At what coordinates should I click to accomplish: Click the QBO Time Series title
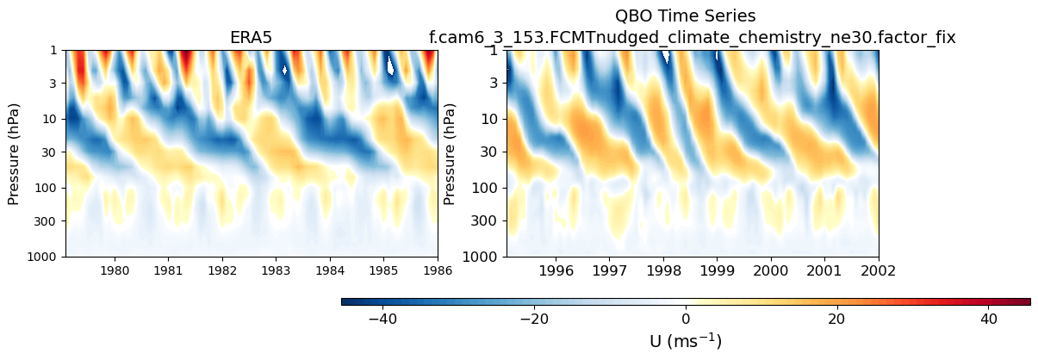[685, 16]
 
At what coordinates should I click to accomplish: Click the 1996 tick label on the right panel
[556, 270]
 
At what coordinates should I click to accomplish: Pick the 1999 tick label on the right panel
[718, 270]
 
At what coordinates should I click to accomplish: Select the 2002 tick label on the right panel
[878, 270]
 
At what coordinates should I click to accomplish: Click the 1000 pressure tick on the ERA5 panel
[48, 257]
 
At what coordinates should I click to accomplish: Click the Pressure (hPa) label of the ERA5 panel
[14, 152]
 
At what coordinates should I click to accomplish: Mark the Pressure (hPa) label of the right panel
[450, 152]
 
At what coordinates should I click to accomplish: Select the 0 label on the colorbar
[686, 320]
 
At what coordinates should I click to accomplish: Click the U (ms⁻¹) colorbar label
[686, 341]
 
